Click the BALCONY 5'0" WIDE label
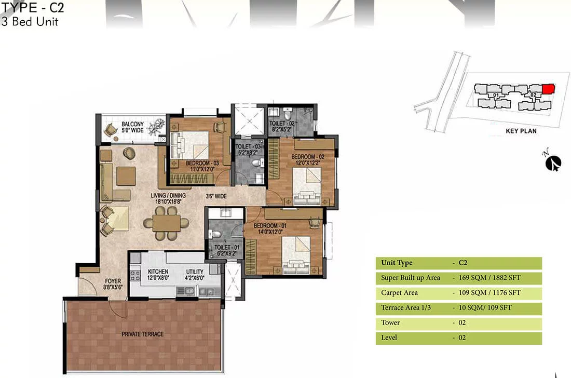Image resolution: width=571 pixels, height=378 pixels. [x=132, y=127]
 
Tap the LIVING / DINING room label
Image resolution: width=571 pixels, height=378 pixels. [x=168, y=196]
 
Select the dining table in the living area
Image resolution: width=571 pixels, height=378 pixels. [x=167, y=223]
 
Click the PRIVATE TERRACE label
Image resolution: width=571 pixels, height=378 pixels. [x=142, y=334]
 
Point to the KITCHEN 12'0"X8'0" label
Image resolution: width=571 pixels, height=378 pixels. [x=158, y=275]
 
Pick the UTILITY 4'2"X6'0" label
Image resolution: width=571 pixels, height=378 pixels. [x=195, y=275]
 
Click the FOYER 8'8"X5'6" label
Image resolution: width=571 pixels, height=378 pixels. [x=113, y=284]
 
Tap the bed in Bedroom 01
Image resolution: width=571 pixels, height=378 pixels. [x=296, y=254]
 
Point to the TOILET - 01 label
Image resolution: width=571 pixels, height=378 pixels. [x=226, y=247]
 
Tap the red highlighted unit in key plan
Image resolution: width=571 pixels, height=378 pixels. [x=549, y=89]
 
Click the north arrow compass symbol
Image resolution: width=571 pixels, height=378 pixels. [x=553, y=163]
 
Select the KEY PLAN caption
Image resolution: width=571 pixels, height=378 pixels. [x=521, y=131]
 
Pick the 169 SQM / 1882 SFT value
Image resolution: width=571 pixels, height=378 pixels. [x=490, y=277]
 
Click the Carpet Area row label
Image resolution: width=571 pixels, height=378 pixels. [x=399, y=293]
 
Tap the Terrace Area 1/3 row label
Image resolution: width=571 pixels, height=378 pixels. [x=406, y=308]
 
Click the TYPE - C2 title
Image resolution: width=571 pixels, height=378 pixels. [x=32, y=7]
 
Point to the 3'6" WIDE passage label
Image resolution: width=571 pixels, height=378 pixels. [x=216, y=196]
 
